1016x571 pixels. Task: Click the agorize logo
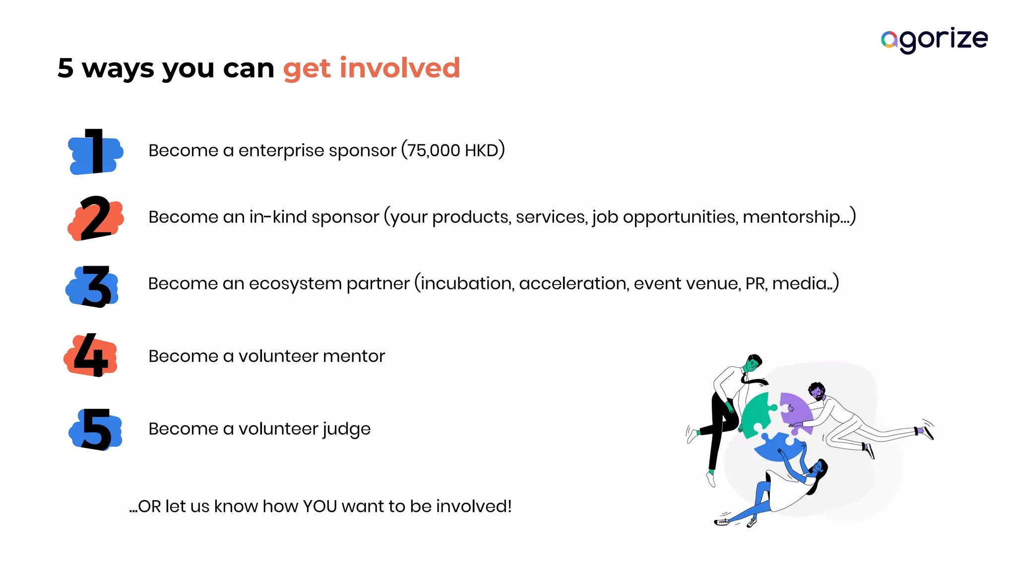point(934,40)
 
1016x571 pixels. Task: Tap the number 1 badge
point(95,152)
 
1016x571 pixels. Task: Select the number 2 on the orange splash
point(95,218)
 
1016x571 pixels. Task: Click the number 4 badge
point(91,355)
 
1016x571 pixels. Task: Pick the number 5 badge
point(96,429)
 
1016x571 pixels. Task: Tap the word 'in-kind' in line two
point(278,217)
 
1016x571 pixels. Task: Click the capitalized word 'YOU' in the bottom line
point(319,507)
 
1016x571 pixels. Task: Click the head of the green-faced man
point(753,363)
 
